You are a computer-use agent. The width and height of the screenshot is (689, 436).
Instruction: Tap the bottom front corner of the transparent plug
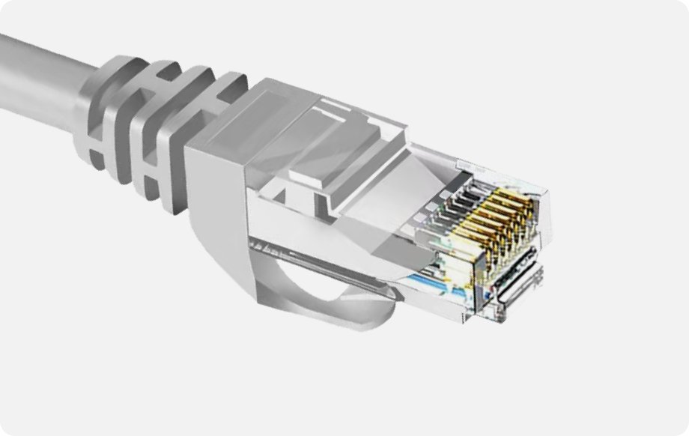(472, 318)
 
